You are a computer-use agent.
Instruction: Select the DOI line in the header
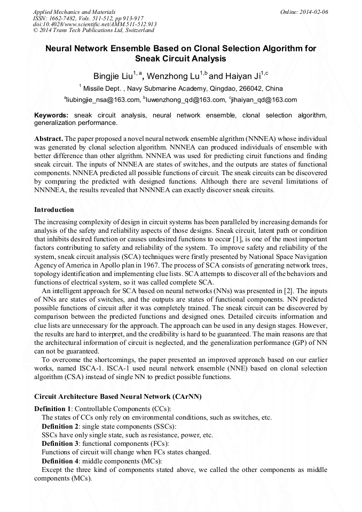pos(95,24)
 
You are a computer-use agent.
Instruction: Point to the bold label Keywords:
pos(51,115)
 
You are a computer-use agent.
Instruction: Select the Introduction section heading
pos(54,210)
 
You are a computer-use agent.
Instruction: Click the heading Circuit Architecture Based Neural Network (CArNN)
pos(117,397)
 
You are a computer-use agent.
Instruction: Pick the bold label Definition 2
pos(60,426)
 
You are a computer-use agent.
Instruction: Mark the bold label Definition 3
pos(60,444)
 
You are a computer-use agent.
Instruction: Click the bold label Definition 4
pos(60,461)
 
